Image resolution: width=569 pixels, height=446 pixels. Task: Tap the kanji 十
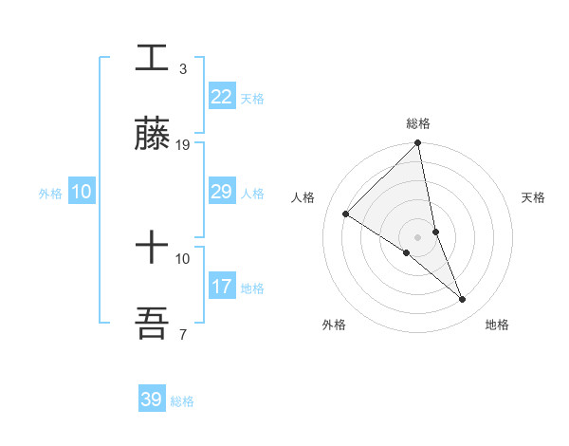(x=153, y=249)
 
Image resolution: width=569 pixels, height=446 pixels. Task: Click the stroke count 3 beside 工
(x=182, y=69)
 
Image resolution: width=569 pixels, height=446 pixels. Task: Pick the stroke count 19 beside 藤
(x=183, y=144)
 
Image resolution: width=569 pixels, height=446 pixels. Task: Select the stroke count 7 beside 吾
(x=182, y=334)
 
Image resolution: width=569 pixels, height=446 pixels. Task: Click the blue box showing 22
(x=221, y=97)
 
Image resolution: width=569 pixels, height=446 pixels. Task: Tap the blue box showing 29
(x=221, y=192)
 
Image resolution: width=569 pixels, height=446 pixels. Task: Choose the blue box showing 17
(x=221, y=287)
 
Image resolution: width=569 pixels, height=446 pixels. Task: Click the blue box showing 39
(x=151, y=400)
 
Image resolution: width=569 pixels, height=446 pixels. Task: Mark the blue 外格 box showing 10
(x=81, y=192)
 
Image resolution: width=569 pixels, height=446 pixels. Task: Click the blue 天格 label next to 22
(x=251, y=99)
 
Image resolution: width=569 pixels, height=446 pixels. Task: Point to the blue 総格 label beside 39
(x=182, y=401)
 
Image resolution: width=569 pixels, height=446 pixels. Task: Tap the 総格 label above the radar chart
(x=418, y=123)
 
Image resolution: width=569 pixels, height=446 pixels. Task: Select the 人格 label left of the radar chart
(x=303, y=197)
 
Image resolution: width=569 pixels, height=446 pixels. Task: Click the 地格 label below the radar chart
(x=497, y=325)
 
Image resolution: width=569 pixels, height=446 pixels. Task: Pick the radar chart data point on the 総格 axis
(x=418, y=144)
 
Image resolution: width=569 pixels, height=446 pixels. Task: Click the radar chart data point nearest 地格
(x=463, y=300)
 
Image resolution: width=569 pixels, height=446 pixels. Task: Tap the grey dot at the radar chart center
(x=418, y=237)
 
